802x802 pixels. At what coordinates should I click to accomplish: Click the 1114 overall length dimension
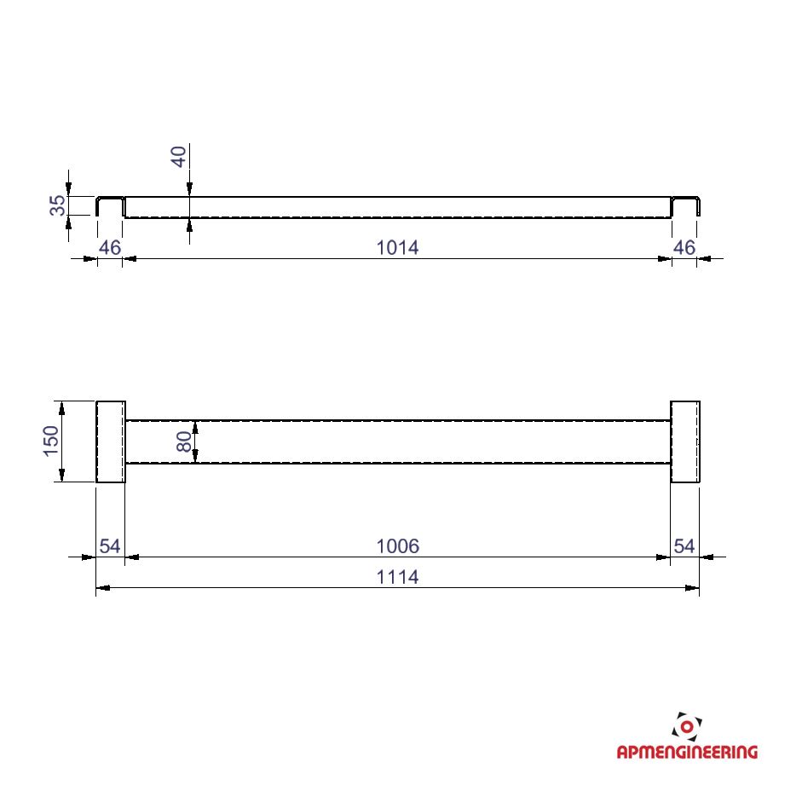tap(397, 577)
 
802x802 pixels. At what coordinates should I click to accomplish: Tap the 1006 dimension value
tap(397, 546)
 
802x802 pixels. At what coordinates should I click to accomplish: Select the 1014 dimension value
tap(397, 247)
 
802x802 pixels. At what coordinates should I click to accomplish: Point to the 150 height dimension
tap(51, 441)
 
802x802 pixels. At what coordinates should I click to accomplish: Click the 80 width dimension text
tap(184, 441)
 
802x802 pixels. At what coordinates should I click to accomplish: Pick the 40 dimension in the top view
tap(179, 157)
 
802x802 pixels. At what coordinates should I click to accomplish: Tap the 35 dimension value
tap(58, 205)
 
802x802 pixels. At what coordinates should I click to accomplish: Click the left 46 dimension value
tap(110, 247)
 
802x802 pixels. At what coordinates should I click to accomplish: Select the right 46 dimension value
tap(684, 247)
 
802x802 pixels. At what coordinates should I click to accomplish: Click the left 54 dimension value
tap(110, 546)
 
